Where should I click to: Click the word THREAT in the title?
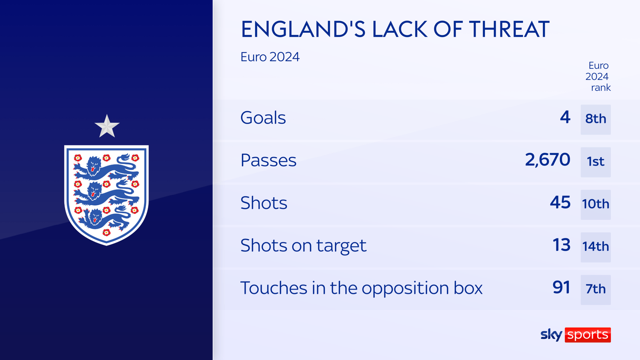(509, 29)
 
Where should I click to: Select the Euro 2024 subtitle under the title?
(270, 57)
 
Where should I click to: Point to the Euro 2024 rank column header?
(598, 76)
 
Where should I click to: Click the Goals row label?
(263, 118)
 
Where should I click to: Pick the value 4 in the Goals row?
(565, 117)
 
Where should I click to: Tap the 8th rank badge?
(596, 120)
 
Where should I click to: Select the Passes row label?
(268, 160)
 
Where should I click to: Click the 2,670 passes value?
(548, 160)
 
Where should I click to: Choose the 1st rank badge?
(596, 162)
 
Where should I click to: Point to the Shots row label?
(264, 202)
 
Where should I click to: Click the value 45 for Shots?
(560, 202)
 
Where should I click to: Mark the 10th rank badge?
(596, 204)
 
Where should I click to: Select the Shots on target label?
(304, 246)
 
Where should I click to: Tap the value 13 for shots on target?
(562, 245)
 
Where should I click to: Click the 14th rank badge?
(596, 247)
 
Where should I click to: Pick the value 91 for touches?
(562, 288)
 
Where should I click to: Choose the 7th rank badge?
(596, 290)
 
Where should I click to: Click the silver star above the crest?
(107, 126)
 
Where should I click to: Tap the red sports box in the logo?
(588, 335)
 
